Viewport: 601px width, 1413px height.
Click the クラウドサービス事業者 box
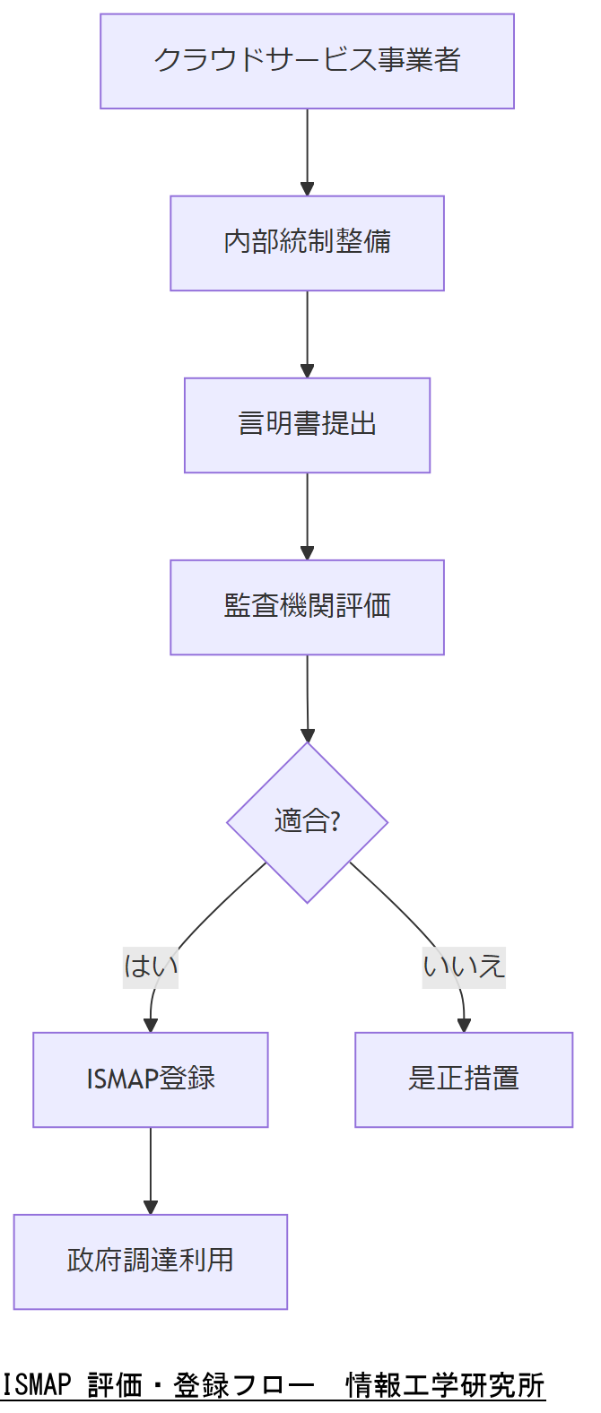(x=307, y=61)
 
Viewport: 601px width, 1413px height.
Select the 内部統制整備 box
(x=307, y=243)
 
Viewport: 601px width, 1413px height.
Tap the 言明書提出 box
(x=307, y=425)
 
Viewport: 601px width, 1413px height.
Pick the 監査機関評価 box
(x=307, y=607)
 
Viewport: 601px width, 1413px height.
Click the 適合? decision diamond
(x=307, y=821)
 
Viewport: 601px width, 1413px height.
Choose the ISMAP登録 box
(x=151, y=1079)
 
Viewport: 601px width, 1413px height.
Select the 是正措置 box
(x=464, y=1079)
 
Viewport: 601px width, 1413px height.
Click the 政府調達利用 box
(x=151, y=1261)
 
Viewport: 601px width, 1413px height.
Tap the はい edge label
(x=151, y=967)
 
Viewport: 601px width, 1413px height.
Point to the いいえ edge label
(x=464, y=967)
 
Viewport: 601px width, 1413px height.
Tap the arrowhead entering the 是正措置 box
(x=464, y=1025)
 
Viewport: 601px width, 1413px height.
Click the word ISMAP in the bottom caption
(x=36, y=1385)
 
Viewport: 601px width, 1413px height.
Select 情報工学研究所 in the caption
(x=445, y=1385)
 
